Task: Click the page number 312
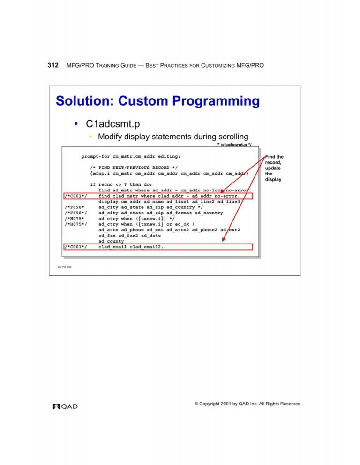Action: [x=53, y=65]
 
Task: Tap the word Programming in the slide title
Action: [x=216, y=101]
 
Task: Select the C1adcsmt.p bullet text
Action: [x=112, y=124]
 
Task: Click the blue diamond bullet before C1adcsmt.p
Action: [x=76, y=123]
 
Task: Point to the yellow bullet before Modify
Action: [x=90, y=137]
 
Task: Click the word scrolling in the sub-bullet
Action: [x=233, y=137]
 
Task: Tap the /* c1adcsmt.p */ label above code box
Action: [x=234, y=145]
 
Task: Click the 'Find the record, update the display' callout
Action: [x=274, y=168]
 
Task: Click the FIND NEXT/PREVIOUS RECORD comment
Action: [x=134, y=168]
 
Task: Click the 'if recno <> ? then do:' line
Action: [x=121, y=184]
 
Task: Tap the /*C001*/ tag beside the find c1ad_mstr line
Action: [x=76, y=196]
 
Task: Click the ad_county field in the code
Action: [x=111, y=241]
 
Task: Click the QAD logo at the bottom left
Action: [x=65, y=406]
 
